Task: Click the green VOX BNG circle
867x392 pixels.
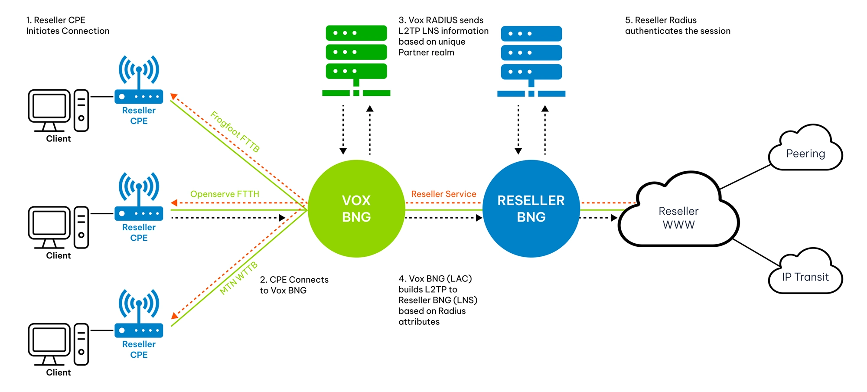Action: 356,209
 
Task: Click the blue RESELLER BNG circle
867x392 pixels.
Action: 531,209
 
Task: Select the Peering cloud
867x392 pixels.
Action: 805,150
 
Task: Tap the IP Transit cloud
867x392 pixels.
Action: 805,274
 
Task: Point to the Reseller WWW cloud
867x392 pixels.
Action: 678,215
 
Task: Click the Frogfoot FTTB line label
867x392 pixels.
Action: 235,131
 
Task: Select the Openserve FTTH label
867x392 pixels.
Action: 225,194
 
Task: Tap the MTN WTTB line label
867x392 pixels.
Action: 238,278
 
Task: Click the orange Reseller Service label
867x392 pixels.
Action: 443,194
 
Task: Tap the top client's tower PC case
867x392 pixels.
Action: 81,110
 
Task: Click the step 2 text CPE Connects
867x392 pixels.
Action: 294,285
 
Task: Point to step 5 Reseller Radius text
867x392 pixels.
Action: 677,26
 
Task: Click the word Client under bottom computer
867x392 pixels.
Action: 59,372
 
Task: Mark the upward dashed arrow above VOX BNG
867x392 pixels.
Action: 370,130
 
